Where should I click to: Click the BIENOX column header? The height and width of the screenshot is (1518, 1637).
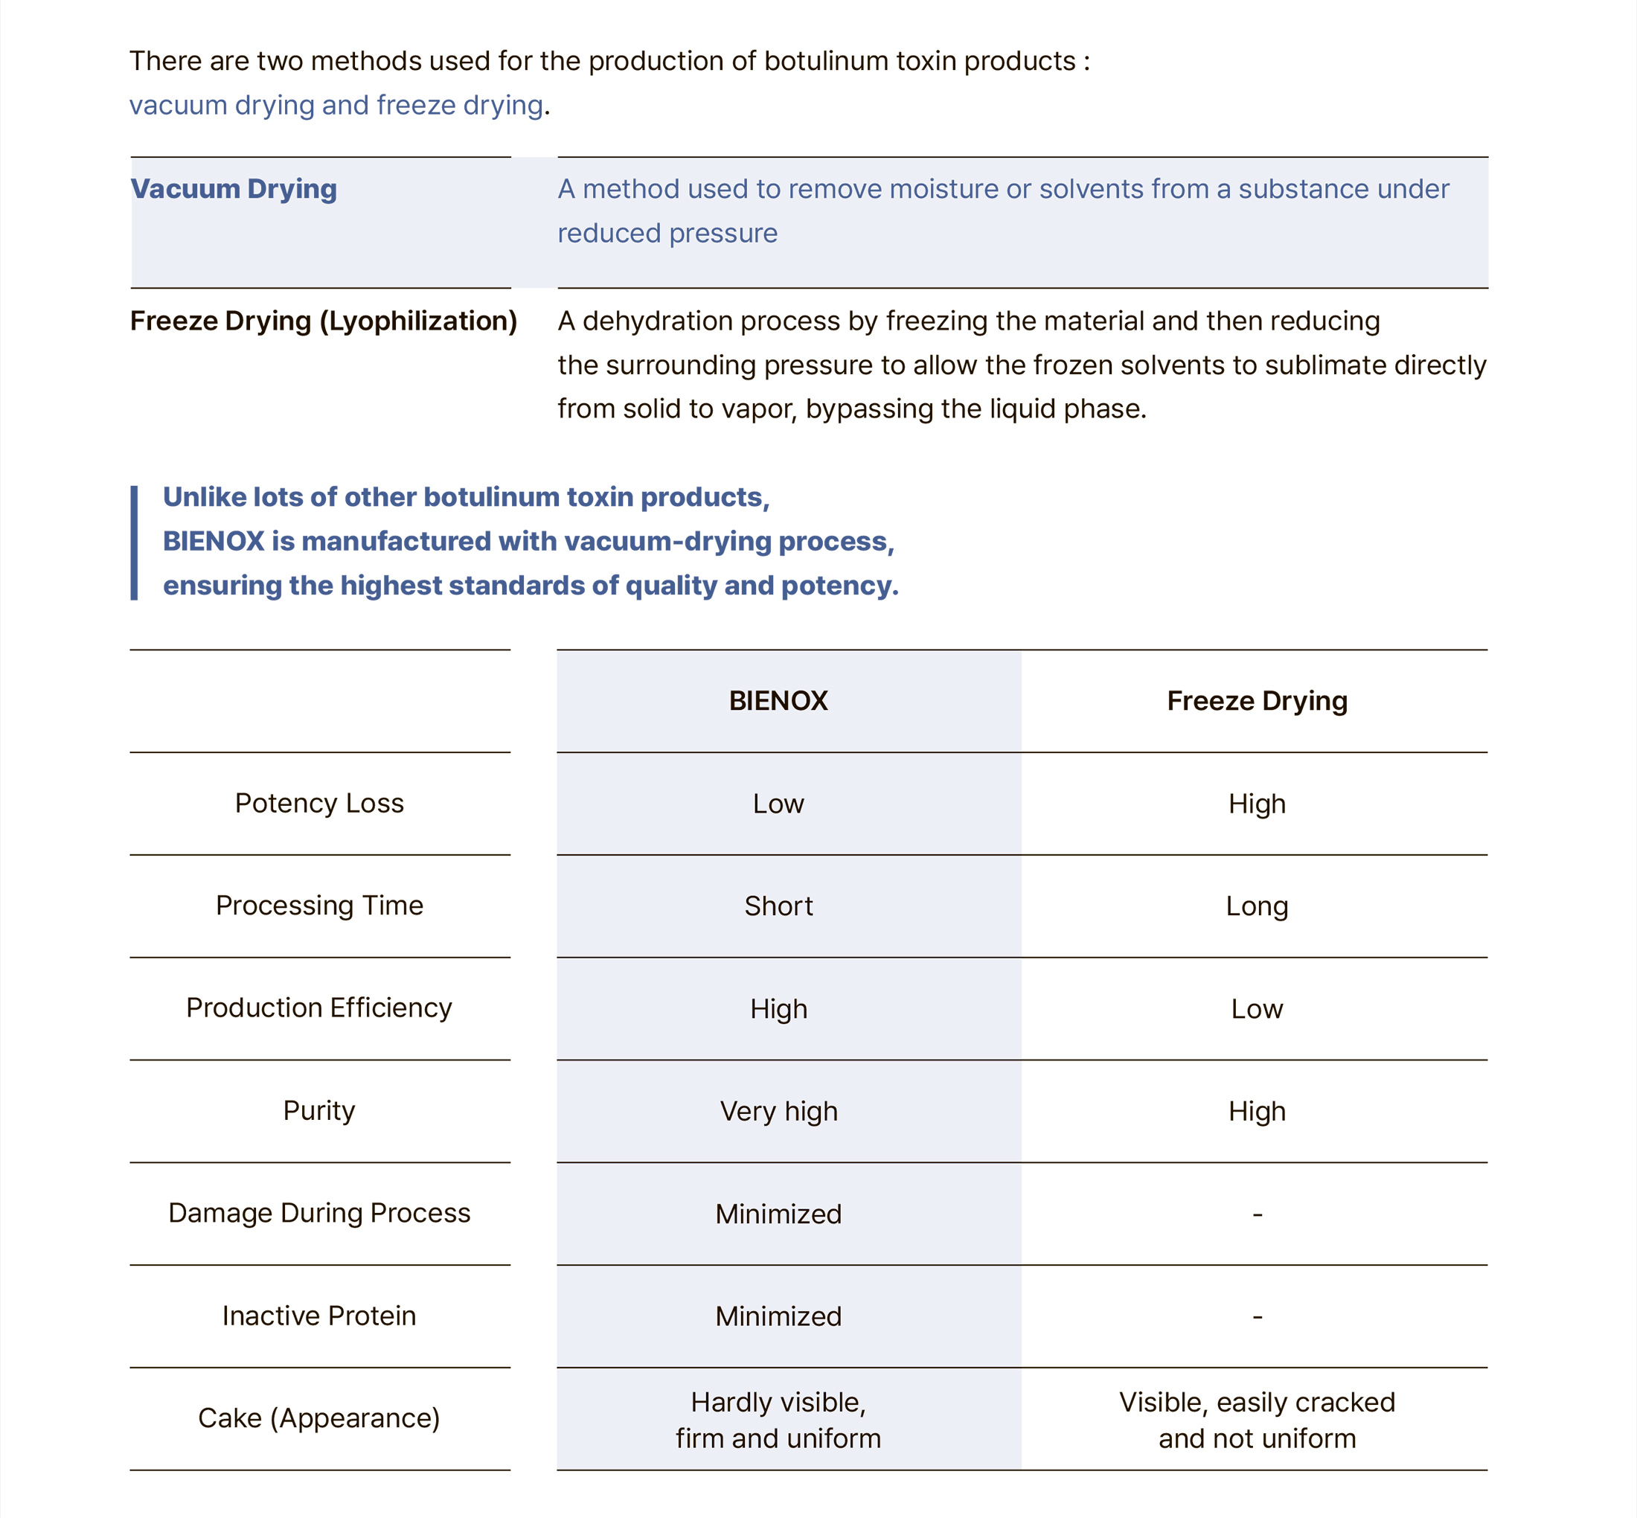778,701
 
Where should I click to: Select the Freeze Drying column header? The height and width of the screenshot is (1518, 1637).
1257,701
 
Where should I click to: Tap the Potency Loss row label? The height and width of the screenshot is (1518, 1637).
319,803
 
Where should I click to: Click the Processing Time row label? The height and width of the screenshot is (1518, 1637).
319,905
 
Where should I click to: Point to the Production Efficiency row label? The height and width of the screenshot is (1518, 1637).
319,1008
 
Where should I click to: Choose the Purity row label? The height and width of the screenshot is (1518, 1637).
319,1110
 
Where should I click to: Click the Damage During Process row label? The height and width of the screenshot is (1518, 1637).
319,1213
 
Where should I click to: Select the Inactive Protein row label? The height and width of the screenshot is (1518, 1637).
319,1316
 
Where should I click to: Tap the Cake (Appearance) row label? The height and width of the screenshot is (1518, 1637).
319,1418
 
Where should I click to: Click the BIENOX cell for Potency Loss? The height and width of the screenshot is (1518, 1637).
778,804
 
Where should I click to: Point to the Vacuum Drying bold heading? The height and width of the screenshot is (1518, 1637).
234,189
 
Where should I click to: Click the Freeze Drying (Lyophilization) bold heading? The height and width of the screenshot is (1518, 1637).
324,321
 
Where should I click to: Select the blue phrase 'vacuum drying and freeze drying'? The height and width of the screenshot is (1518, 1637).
336,105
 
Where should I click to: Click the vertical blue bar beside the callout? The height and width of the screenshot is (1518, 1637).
134,542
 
